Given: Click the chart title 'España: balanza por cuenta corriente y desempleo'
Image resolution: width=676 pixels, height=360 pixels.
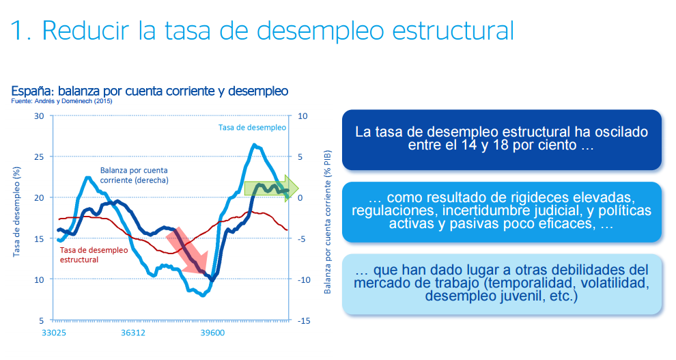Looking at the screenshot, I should pos(150,90).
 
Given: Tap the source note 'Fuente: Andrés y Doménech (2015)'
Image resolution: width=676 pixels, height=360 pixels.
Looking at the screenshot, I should pos(62,101).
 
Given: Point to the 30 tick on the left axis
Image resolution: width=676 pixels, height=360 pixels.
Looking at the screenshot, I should pos(39,116).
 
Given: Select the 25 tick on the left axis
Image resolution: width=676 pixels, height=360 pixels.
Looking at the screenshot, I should pos(39,156).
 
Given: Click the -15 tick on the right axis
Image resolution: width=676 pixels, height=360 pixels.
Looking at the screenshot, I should pos(305,320).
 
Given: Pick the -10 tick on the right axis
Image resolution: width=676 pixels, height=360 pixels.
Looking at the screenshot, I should pos(305,279).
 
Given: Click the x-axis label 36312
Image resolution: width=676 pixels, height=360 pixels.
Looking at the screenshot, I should pos(133,333).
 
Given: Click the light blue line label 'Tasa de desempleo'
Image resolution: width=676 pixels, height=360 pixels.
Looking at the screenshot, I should pos(252,127).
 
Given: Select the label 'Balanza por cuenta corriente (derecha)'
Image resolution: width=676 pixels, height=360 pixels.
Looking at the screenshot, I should pos(134,175).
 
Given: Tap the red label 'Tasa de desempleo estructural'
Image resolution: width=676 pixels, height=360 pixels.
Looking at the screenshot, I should pos(94,255).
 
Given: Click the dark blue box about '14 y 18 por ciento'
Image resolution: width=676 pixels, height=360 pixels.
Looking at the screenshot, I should pos(501,139).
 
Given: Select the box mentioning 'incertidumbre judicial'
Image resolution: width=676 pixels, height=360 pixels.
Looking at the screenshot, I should pos(501,211).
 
